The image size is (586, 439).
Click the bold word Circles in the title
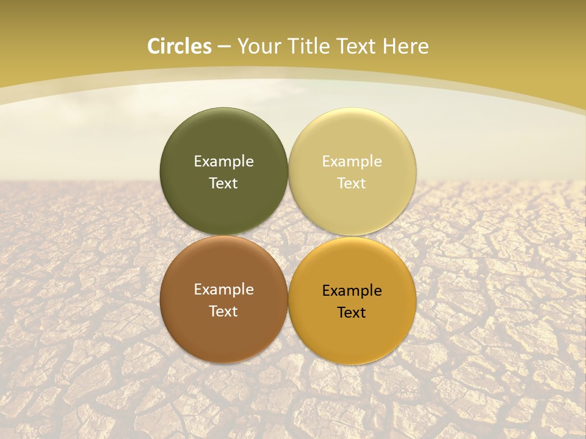click(179, 46)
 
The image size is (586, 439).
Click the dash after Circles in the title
click(224, 47)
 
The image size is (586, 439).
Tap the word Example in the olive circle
click(223, 162)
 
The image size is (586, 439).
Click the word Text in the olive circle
click(223, 184)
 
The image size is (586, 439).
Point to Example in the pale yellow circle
click(352, 162)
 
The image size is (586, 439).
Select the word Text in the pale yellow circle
click(352, 184)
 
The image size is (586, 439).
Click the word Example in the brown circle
click(223, 290)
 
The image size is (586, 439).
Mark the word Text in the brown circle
click(223, 312)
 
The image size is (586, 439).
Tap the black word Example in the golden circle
click(352, 291)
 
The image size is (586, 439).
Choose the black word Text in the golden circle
click(352, 313)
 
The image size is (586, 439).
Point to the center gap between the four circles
click(288, 235)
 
